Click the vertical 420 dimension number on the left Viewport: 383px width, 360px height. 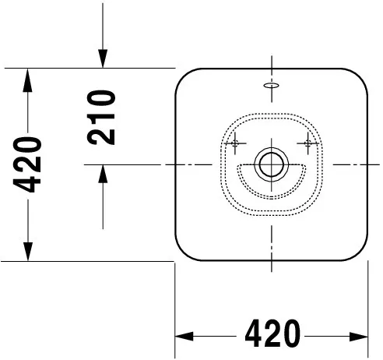28,164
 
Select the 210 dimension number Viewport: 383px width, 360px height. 102,117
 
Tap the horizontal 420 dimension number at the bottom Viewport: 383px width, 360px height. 272,335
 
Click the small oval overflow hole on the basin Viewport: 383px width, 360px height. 271,86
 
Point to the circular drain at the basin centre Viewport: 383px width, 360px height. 271,164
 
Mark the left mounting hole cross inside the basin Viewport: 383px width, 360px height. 234,142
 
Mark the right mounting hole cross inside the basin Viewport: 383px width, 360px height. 308,142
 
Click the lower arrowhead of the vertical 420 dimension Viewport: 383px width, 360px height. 28,252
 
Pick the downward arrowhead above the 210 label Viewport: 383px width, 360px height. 102,58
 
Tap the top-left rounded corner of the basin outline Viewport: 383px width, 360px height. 181,76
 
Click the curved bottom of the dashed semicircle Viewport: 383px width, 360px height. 271,196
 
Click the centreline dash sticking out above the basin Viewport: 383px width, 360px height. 271,61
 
